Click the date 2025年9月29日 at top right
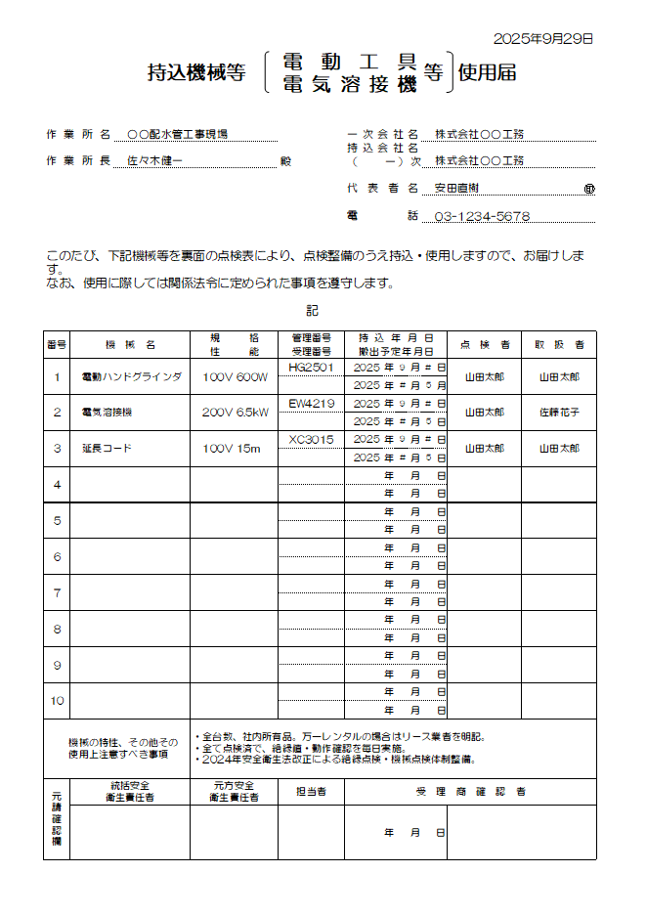coord(543,39)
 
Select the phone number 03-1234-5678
coord(482,217)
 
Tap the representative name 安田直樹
coord(457,188)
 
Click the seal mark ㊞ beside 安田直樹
coord(588,189)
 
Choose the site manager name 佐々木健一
coord(154,160)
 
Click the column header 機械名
coord(130,345)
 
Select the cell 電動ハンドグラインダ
coord(130,376)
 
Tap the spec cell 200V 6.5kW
coord(235,413)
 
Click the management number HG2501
coord(311,368)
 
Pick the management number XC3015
coord(311,440)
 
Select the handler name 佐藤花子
coord(559,413)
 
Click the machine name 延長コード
coord(107,449)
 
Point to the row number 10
coord(57,701)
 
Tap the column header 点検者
coord(484,345)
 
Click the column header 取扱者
coord(559,345)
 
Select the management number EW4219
coord(311,404)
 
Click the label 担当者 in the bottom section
coord(311,791)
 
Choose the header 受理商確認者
coord(470,791)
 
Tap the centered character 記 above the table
coord(312,311)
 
